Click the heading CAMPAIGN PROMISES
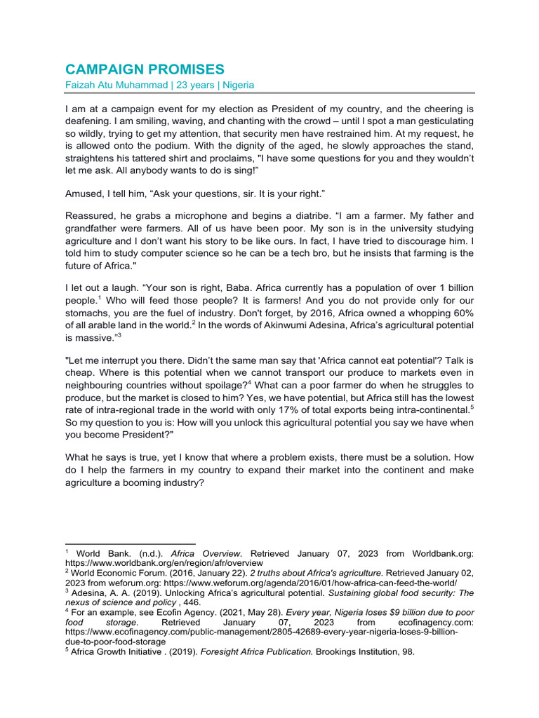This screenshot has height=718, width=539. [145, 69]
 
